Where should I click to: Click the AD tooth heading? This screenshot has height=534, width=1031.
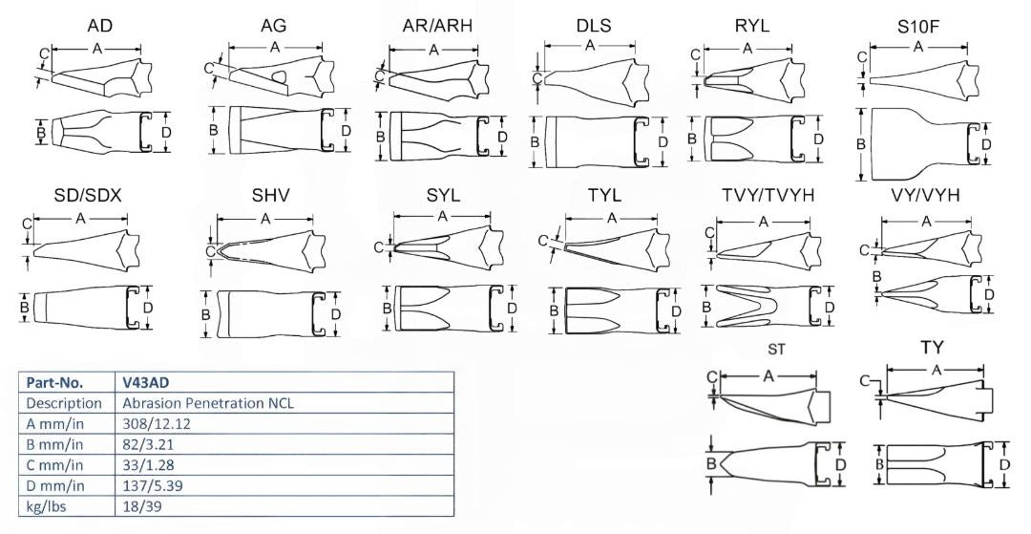click(x=99, y=25)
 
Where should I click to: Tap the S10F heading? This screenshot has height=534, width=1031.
click(x=917, y=25)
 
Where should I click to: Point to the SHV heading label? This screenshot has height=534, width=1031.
click(x=270, y=196)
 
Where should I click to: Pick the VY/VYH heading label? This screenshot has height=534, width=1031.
click(x=923, y=196)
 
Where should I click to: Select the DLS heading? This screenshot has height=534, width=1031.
click(x=594, y=25)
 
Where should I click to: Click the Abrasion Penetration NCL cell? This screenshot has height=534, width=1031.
click(x=208, y=402)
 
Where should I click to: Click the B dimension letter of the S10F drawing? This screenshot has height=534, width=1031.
click(x=862, y=144)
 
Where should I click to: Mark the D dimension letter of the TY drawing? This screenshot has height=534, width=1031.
click(x=1005, y=465)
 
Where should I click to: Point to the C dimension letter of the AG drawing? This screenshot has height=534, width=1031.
click(x=209, y=67)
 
